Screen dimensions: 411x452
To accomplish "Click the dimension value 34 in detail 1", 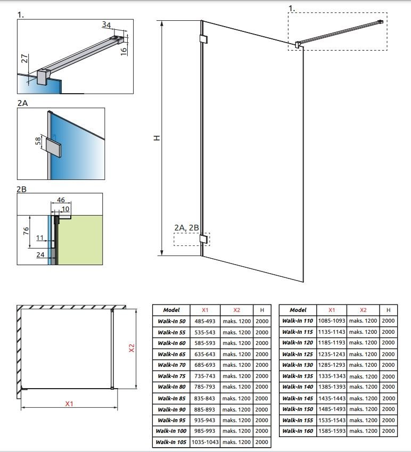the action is coord(106,25).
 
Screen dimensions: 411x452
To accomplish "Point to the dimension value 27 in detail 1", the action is coord(25,58).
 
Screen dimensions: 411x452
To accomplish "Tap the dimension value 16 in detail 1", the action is coord(124,51).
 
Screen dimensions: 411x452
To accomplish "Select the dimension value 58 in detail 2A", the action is coord(38,141).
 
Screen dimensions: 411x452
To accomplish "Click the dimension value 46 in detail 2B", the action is coord(61,200).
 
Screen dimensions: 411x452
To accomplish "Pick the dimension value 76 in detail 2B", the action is coord(26,231).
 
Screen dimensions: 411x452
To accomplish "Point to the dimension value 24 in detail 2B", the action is coord(40,254).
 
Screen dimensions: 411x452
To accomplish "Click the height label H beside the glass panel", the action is coord(157,138).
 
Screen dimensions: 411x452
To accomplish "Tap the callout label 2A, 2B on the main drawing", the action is coord(186,228).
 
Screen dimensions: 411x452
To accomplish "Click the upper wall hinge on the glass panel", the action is coord(204,39).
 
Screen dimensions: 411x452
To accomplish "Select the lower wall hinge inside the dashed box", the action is coord(204,239).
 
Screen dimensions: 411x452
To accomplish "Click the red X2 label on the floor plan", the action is coord(131,348).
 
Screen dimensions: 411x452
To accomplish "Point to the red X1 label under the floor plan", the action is coord(69,404).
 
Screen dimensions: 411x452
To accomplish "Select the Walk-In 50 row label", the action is coord(171,321).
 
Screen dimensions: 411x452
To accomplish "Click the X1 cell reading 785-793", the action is coord(204,387).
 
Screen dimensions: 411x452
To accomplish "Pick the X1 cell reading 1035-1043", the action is coord(205,442).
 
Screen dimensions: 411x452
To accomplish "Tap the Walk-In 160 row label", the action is coord(298,431).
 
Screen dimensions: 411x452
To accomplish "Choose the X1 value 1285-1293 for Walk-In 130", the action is coord(332,365).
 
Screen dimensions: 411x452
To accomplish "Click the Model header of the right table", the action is coord(298,310).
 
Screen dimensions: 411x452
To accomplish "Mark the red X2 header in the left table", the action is coord(236,310).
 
